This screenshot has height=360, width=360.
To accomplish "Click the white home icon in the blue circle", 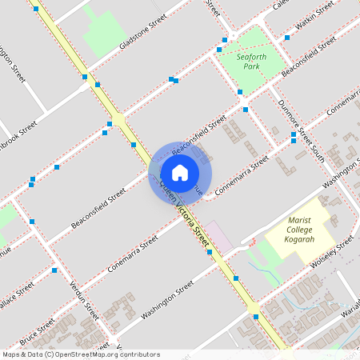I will [180, 172].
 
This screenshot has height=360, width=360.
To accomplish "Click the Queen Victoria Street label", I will [186, 213].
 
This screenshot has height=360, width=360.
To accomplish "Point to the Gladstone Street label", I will [142, 30].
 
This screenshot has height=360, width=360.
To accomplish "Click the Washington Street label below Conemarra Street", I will [167, 299].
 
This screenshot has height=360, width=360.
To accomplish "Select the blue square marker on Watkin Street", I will [286, 37].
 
